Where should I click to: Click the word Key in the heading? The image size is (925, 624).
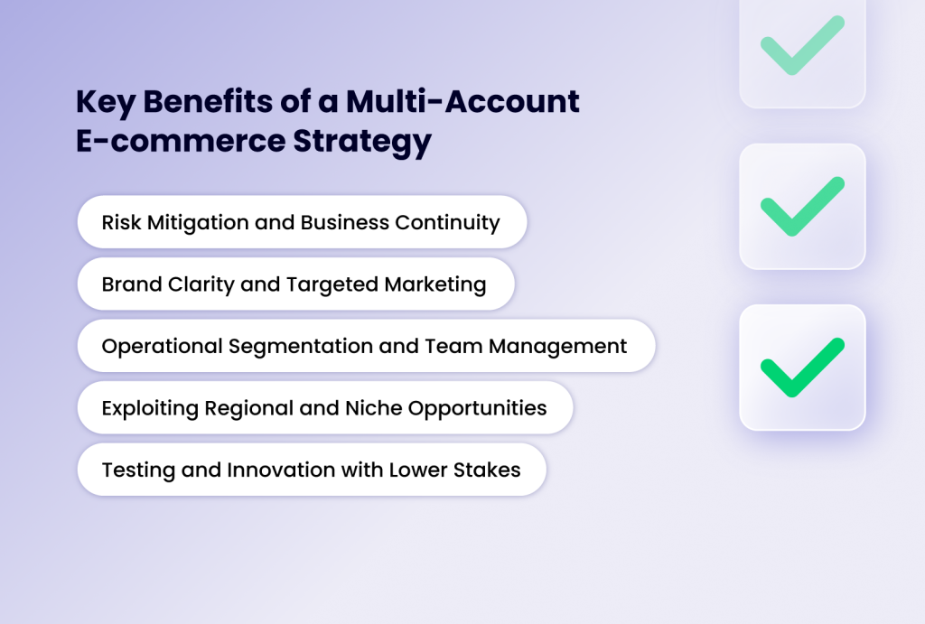[105, 102]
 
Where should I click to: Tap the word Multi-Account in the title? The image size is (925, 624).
[462, 102]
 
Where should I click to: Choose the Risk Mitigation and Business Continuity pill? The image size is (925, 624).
[302, 222]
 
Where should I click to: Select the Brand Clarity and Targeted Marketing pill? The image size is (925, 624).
[295, 284]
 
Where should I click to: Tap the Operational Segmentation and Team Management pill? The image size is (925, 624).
[366, 346]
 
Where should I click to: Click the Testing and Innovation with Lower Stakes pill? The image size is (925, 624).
[312, 470]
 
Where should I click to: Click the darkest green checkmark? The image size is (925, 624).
[802, 367]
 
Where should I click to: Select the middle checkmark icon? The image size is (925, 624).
[802, 206]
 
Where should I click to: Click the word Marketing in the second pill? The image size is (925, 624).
[435, 284]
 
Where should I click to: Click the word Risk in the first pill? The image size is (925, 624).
[120, 222]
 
